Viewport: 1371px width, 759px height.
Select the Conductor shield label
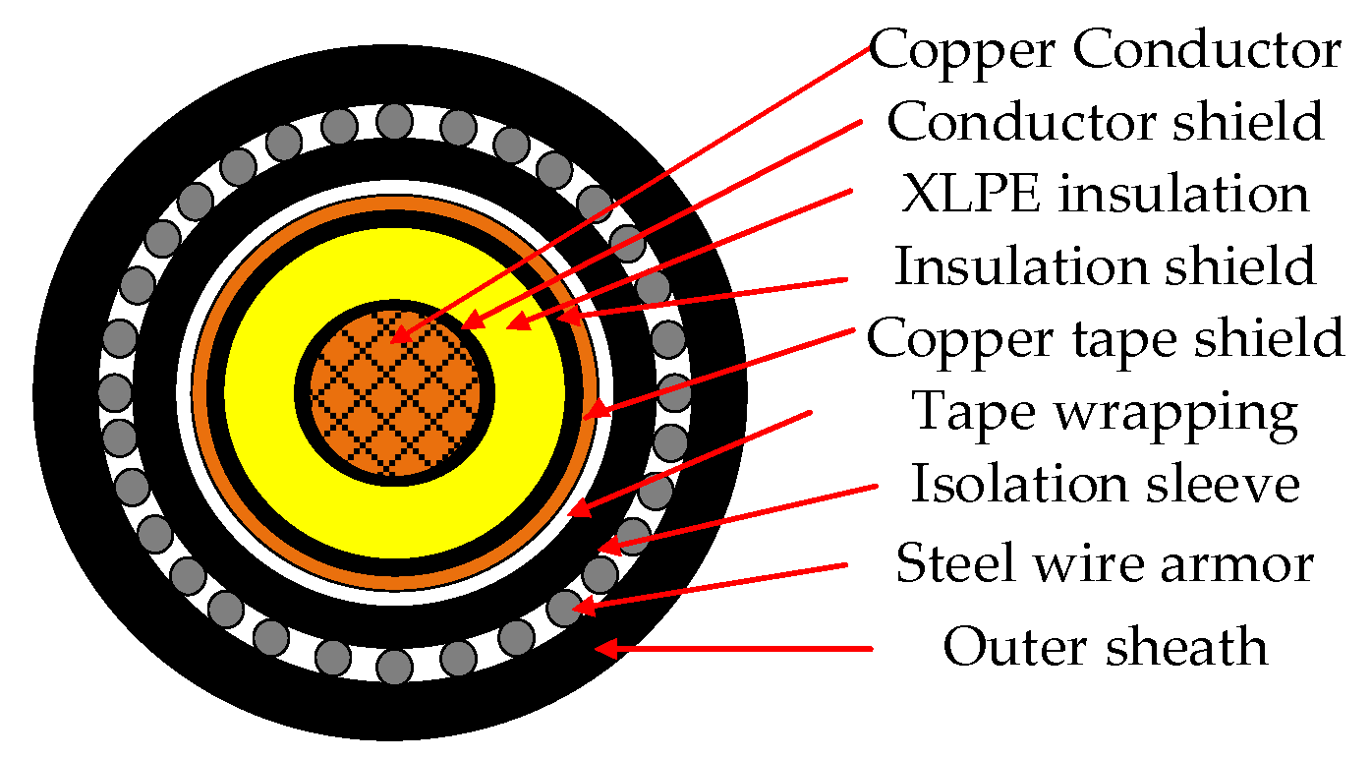(1106, 122)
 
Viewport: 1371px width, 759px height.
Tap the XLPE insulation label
(1106, 194)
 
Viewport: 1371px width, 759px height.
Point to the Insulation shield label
(1106, 265)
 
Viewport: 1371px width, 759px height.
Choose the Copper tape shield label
(1106, 338)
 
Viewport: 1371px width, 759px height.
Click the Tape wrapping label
(1106, 411)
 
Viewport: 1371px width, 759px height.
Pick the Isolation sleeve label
(1106, 484)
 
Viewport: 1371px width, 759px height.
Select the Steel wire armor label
(1106, 564)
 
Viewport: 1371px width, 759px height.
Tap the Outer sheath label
(1106, 647)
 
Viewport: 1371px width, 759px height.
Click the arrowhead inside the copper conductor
(398, 339)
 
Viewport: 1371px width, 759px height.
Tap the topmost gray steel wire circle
(395, 121)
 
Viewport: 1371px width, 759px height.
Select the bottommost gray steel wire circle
(395, 667)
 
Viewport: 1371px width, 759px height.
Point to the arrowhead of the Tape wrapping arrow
(576, 510)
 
